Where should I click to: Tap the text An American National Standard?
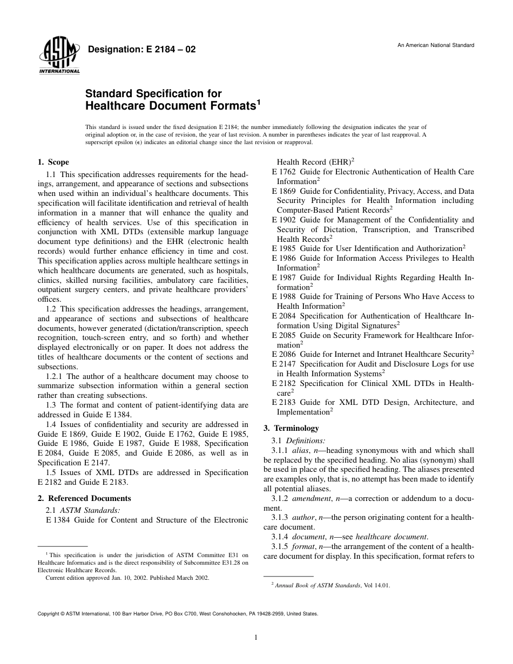pos(436,45)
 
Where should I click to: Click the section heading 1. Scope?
pos(53,162)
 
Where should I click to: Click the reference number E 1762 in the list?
pos(282,172)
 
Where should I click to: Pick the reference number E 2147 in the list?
pos(282,364)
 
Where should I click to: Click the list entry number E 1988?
pos(282,296)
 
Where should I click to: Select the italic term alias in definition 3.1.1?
pos(307,450)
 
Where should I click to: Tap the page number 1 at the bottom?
pos(256,638)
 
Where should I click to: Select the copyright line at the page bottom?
pos(178,614)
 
